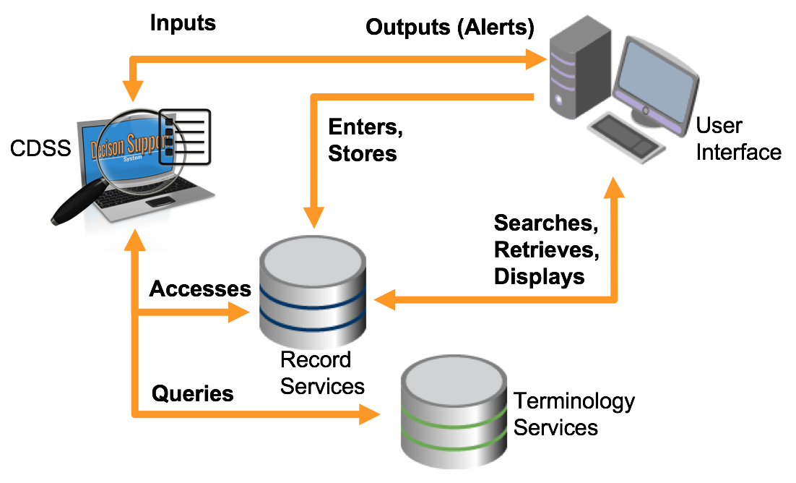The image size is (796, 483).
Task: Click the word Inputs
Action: tap(183, 22)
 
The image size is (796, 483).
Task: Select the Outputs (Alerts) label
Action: tap(449, 28)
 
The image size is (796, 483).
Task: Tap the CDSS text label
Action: tap(40, 149)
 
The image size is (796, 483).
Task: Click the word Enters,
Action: tap(365, 127)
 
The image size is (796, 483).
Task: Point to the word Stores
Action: tap(363, 153)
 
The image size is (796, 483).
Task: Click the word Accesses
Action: tap(200, 289)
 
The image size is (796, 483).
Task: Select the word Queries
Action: tap(193, 394)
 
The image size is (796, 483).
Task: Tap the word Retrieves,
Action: tap(547, 249)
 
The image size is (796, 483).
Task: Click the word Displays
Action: tap(540, 276)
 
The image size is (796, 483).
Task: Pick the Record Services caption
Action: tap(322, 373)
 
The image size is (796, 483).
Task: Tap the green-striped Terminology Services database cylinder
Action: tap(452, 412)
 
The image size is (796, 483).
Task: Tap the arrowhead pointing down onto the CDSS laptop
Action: tap(132, 91)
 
